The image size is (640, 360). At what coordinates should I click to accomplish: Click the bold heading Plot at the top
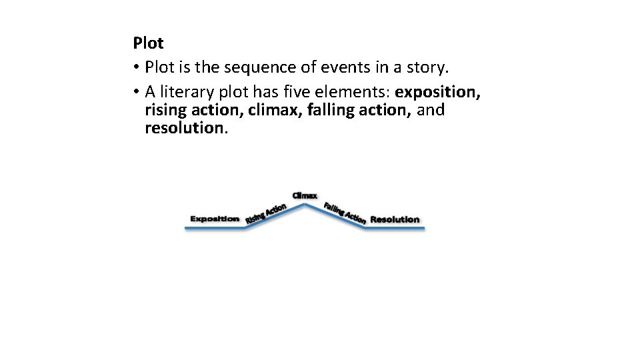(148, 44)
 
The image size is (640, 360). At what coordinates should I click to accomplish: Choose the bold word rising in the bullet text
(164, 109)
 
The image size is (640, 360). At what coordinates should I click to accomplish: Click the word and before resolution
(431, 109)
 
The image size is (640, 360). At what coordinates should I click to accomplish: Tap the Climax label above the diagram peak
(305, 195)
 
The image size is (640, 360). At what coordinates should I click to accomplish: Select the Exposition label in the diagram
(215, 219)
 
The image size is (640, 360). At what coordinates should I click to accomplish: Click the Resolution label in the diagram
(395, 219)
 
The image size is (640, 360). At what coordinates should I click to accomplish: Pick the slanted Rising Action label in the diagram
(265, 214)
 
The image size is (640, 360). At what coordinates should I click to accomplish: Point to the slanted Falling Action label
(345, 212)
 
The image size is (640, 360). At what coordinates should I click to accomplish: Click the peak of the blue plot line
(306, 205)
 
